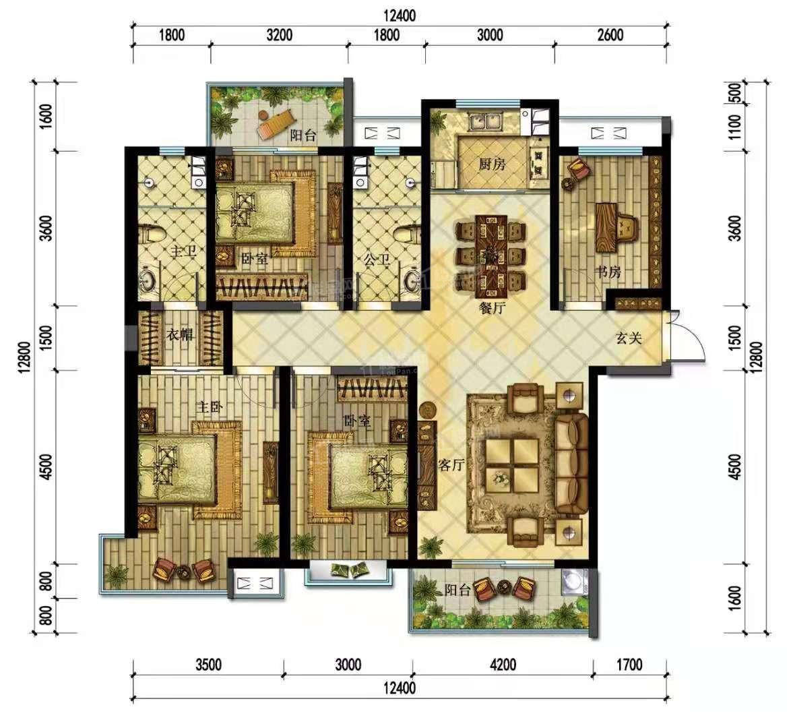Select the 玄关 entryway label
[628, 338]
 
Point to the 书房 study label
[607, 272]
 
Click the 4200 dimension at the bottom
[503, 665]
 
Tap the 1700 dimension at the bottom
[628, 665]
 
